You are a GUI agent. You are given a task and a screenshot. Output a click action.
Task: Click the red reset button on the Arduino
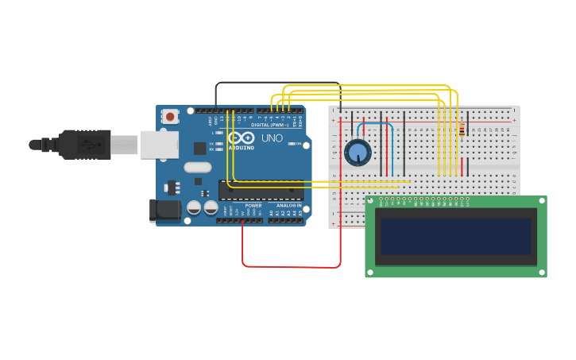coord(170,116)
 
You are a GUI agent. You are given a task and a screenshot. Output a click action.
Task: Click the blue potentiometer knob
coord(358,152)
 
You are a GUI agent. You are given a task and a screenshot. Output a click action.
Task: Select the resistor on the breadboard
coord(462,129)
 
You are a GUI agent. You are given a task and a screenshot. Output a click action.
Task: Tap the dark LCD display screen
coord(455,236)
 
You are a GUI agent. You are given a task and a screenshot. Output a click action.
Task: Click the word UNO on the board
coord(273,138)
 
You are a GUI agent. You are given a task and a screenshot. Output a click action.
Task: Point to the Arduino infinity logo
coord(242,137)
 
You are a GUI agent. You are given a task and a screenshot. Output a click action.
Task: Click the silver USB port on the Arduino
coord(160,145)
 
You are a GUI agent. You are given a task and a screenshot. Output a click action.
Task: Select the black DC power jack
coord(166,210)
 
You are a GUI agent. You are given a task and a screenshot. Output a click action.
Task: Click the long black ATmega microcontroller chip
coord(262,191)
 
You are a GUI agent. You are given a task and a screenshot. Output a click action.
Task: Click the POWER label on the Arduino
coord(253,206)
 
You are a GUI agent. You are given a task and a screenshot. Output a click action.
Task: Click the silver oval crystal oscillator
coord(197,167)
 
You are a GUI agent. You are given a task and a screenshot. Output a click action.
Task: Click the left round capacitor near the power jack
coord(194,207)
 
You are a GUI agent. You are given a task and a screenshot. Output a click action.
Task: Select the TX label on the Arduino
coord(211,143)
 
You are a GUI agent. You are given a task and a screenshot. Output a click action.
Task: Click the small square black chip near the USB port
coord(199,148)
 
